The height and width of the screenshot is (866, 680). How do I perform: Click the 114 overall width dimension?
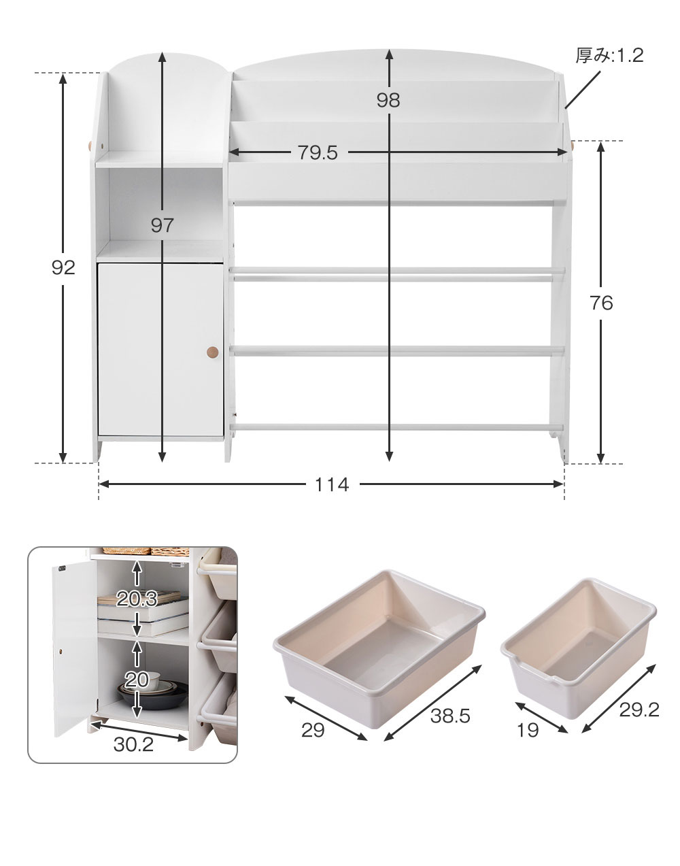[331, 485]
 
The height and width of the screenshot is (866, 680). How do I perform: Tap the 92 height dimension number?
[63, 267]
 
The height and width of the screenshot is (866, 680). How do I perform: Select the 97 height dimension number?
[162, 226]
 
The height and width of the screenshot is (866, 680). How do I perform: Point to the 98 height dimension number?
[388, 100]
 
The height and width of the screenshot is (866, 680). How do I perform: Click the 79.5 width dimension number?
[318, 152]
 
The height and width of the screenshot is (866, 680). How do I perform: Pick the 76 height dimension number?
[601, 303]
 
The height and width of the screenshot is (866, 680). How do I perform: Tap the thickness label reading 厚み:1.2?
[609, 55]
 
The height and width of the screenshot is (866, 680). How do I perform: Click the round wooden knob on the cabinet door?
[212, 352]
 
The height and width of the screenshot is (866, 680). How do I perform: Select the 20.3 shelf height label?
[137, 599]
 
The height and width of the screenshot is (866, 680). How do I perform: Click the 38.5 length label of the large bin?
[450, 716]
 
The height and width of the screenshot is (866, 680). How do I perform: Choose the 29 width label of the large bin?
[313, 730]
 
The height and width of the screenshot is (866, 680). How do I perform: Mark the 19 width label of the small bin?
[528, 730]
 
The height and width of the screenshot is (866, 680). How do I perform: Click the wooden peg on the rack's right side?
[573, 146]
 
